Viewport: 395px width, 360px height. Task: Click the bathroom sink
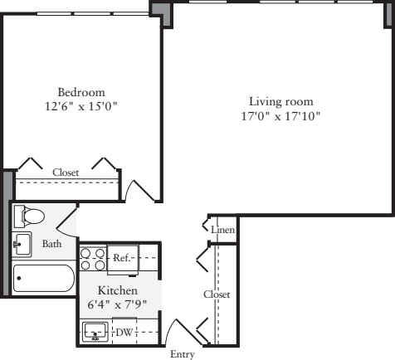coord(22,245)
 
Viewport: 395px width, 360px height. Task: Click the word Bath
coord(51,244)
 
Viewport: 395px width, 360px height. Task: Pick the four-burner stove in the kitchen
coord(91,260)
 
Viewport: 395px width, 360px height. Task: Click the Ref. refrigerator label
coord(123,259)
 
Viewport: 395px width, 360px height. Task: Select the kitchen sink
coord(97,333)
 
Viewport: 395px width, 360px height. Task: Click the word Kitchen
coord(117,290)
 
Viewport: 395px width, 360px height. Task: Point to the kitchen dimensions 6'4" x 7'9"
coord(117,304)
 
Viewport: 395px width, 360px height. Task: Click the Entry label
coord(182,354)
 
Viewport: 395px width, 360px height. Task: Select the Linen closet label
coord(222,229)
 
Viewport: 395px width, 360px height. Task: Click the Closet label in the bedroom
coord(66,172)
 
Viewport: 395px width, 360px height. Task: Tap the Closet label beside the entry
coord(217,294)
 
